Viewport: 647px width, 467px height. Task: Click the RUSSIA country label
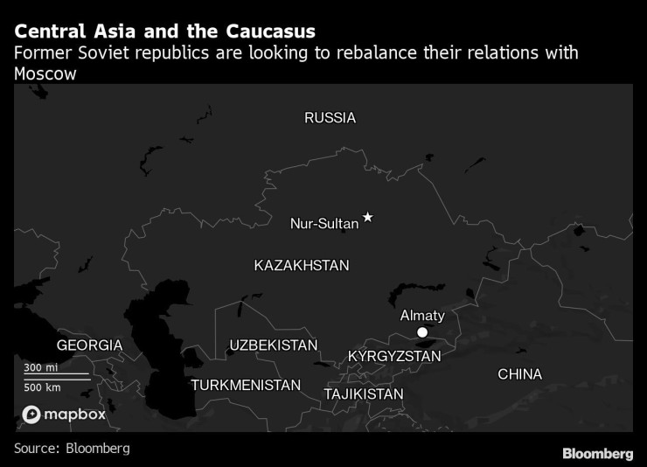[330, 117]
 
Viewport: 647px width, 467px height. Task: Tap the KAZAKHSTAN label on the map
[301, 265]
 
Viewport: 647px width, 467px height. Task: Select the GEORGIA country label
[89, 345]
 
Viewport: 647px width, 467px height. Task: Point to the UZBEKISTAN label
[274, 345]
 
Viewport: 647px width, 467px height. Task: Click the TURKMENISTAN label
[246, 385]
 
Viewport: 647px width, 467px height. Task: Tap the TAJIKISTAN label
[363, 394]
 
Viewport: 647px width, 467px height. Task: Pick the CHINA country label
[519, 374]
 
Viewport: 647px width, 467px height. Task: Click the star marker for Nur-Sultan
[368, 217]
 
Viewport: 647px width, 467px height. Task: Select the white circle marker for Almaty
[422, 332]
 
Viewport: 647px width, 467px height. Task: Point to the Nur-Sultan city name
[323, 224]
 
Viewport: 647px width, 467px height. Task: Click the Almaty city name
[422, 316]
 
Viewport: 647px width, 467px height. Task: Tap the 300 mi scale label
[40, 367]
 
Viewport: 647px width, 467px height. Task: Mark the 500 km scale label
[42, 387]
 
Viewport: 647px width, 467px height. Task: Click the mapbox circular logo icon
[31, 415]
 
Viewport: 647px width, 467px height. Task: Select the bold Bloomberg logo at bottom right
[597, 453]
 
